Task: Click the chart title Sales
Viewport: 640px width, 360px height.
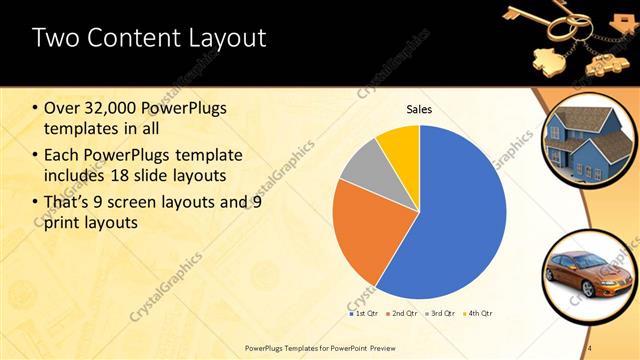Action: click(x=419, y=110)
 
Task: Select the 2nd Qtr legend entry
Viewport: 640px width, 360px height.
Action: click(x=399, y=313)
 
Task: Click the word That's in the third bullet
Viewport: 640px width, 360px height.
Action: click(x=70, y=202)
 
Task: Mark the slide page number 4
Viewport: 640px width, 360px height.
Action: click(x=590, y=347)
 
